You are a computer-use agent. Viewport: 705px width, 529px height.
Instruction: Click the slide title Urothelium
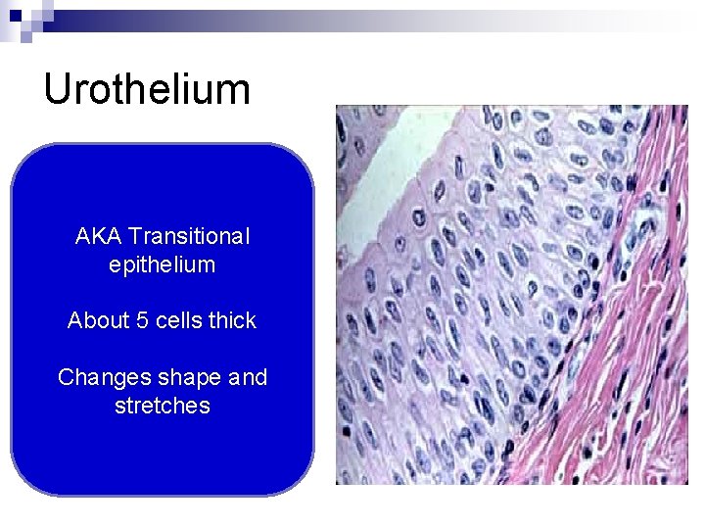point(147,89)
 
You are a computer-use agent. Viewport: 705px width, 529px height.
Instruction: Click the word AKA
point(98,237)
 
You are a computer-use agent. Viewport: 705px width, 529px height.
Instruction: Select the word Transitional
point(189,237)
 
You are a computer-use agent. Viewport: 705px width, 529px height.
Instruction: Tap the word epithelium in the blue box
point(162,264)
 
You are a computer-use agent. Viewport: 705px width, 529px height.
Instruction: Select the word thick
point(230,320)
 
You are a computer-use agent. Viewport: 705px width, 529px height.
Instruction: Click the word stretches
point(162,405)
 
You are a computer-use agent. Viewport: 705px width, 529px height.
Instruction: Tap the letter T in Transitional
point(134,237)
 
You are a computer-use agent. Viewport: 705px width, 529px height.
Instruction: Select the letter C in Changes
point(66,377)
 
